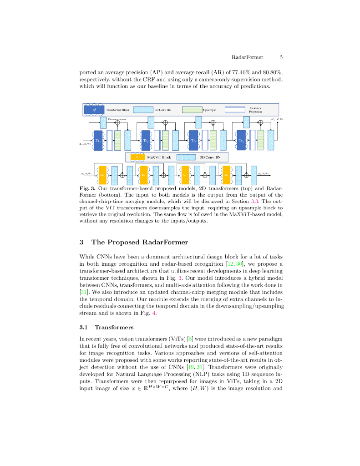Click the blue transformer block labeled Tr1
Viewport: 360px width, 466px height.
pos(98,141)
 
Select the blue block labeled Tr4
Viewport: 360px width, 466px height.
pos(242,141)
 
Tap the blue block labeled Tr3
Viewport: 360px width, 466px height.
pos(193,141)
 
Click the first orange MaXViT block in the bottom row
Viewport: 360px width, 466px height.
pos(102,174)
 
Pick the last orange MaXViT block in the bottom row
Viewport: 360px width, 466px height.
pos(227,174)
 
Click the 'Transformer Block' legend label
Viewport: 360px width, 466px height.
pos(118,110)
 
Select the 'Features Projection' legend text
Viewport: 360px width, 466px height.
pos(255,110)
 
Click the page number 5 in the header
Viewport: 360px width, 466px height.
pos(281,57)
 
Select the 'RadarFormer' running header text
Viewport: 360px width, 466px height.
pos(246,57)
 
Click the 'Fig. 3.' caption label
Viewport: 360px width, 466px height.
pos(87,188)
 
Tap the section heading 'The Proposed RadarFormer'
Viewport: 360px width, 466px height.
pos(140,242)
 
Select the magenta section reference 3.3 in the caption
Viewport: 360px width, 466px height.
pos(244,201)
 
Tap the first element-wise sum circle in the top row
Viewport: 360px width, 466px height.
pos(117,122)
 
